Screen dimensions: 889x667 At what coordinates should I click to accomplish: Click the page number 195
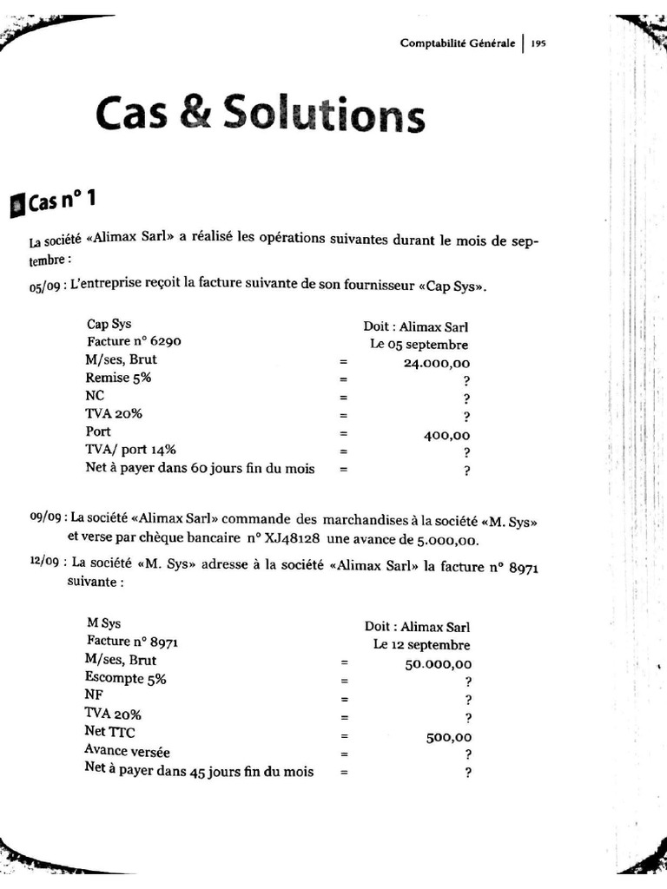tap(538, 43)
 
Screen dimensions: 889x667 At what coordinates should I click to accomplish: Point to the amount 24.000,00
tap(437, 362)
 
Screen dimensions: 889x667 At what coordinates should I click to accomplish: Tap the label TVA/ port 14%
tap(131, 450)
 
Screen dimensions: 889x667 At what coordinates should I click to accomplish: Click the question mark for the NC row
tap(466, 398)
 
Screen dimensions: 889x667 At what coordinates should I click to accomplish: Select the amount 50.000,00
tap(439, 663)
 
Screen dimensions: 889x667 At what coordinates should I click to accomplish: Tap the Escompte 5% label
tap(125, 678)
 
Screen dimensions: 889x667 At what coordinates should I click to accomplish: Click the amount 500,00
tap(448, 737)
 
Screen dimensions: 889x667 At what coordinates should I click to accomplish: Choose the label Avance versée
tap(128, 751)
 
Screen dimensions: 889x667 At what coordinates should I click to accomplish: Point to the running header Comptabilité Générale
tap(458, 43)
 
